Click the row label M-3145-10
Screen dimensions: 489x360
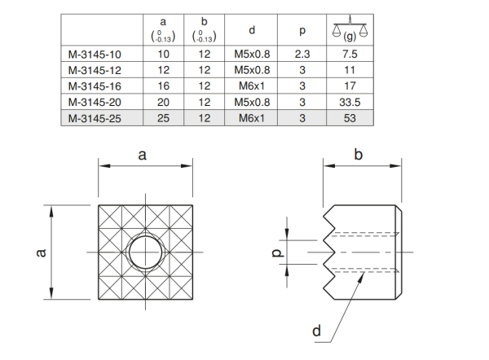pyautogui.click(x=95, y=55)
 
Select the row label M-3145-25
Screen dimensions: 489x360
pyautogui.click(x=95, y=118)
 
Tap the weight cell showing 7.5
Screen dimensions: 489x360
pyautogui.click(x=350, y=55)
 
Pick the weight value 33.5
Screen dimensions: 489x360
pyautogui.click(x=350, y=103)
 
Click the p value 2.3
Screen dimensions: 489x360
pyautogui.click(x=302, y=55)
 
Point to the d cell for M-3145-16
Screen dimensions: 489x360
pyautogui.click(x=251, y=86)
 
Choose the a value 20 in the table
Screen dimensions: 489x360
pyautogui.click(x=163, y=103)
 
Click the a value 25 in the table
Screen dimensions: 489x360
pyautogui.click(x=163, y=118)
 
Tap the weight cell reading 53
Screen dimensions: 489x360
pyautogui.click(x=350, y=118)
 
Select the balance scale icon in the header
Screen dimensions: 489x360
pyautogui.click(x=350, y=28)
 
